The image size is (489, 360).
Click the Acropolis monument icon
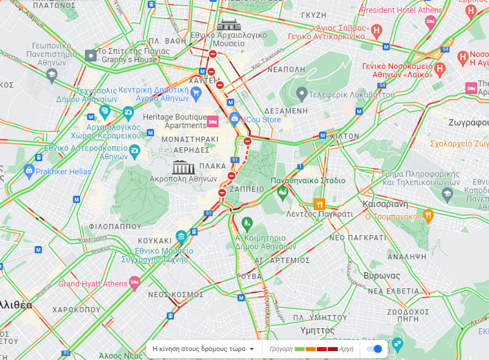click(183, 167)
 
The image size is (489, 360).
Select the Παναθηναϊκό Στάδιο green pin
click(282, 192)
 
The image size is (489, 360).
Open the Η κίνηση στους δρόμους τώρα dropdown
click(203, 349)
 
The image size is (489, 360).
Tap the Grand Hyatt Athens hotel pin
click(134, 283)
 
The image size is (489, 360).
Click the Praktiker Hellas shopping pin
click(29, 171)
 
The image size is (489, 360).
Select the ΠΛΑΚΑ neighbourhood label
click(213, 166)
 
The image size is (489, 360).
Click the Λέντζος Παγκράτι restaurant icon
click(319, 204)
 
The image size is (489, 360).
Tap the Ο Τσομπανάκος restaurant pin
click(428, 215)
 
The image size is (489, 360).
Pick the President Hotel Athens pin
click(430, 22)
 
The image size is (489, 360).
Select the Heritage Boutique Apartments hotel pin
click(212, 121)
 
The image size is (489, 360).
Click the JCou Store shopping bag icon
click(234, 118)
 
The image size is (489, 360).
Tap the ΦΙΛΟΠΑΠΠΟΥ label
click(115, 227)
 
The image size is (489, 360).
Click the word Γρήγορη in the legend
click(281, 349)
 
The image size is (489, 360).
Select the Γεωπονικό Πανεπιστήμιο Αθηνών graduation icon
click(52, 74)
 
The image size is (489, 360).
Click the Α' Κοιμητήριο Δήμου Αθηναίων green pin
click(247, 224)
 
